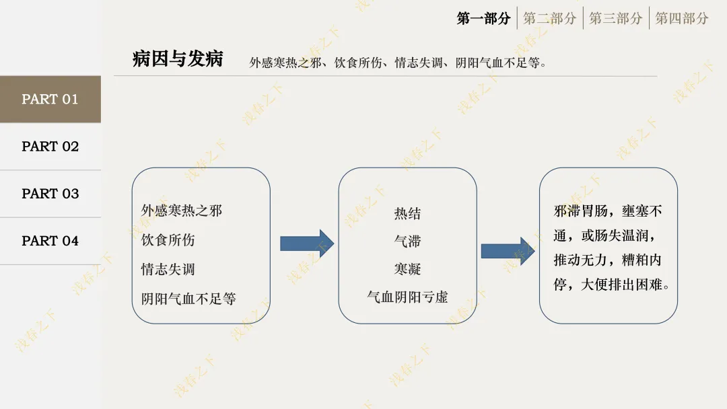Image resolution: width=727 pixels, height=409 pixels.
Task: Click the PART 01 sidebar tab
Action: pyautogui.click(x=50, y=99)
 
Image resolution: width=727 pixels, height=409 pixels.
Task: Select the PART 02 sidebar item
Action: pyautogui.click(x=50, y=146)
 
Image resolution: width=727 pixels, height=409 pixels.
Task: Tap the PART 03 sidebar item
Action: pyautogui.click(x=50, y=194)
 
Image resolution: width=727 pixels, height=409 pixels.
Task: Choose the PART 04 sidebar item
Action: pyautogui.click(x=50, y=241)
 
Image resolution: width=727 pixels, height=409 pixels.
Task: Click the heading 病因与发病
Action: pyautogui.click(x=178, y=59)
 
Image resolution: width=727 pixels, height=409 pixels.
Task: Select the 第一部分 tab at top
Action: pyautogui.click(x=483, y=18)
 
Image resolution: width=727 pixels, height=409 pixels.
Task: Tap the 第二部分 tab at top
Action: pyautogui.click(x=549, y=18)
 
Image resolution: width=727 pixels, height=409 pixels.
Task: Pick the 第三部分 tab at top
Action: pyautogui.click(x=615, y=18)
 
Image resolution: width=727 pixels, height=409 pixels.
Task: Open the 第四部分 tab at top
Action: pyautogui.click(x=681, y=18)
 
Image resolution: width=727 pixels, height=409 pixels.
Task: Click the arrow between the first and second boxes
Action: pyautogui.click(x=306, y=244)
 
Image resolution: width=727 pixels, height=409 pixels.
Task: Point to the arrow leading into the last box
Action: pyautogui.click(x=508, y=251)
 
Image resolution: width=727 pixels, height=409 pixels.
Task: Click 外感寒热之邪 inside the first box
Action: pyautogui.click(x=181, y=211)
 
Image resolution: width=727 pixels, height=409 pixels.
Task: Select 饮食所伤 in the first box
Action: pyautogui.click(x=168, y=240)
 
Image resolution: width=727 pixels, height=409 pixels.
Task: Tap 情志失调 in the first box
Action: pyautogui.click(x=168, y=270)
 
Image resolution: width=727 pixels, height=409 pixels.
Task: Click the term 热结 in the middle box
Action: pyautogui.click(x=407, y=214)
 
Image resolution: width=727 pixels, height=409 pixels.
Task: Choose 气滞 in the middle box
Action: pyautogui.click(x=407, y=241)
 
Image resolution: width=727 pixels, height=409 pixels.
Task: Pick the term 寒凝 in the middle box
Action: pyautogui.click(x=407, y=269)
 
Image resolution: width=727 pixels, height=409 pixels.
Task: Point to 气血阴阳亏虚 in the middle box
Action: pyautogui.click(x=407, y=297)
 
